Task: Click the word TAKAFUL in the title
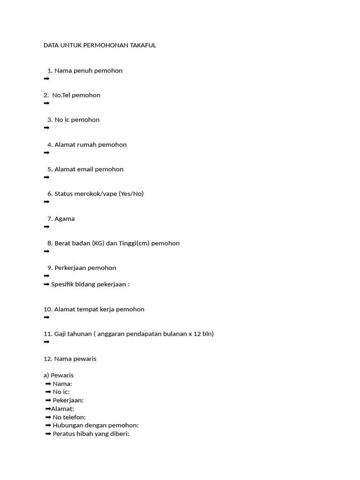pos(141,45)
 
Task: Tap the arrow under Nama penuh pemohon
pos(46,79)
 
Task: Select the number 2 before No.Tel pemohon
pos(45,95)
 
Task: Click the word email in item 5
pos(86,169)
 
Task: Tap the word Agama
pos(65,219)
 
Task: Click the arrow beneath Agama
pos(46,227)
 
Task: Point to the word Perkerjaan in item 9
pos(70,268)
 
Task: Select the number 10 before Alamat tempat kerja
pos(47,309)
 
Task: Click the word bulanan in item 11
pos(176,334)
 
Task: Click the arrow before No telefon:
pos(48,417)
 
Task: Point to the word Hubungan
pos(69,426)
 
